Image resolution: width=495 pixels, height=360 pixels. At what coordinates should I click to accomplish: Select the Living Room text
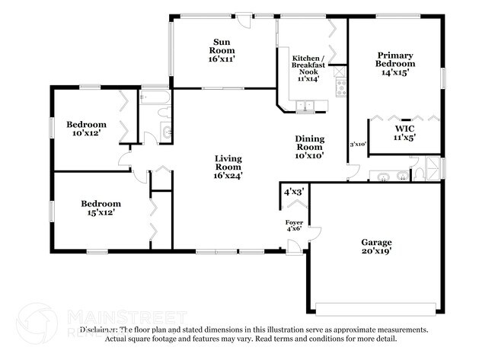[228, 167]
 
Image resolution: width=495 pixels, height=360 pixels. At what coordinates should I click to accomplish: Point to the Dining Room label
[311, 147]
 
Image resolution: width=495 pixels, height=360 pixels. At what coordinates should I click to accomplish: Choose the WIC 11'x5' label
[403, 134]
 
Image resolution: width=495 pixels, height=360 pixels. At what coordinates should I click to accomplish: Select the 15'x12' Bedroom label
[101, 208]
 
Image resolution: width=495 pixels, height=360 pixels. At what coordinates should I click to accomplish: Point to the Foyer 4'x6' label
[294, 225]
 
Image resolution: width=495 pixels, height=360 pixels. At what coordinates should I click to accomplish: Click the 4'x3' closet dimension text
[295, 192]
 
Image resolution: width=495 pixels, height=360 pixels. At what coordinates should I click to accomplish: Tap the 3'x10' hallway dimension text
[358, 144]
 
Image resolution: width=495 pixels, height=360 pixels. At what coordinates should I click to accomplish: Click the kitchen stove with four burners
[340, 89]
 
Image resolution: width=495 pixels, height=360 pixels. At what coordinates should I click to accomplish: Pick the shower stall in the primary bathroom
[433, 168]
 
